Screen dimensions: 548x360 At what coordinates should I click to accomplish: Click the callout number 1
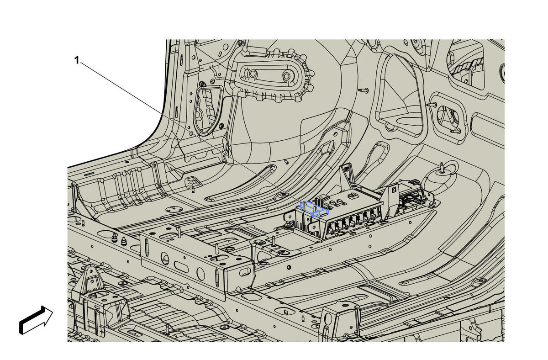point(77,60)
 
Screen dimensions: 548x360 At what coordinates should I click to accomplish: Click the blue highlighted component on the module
point(314,209)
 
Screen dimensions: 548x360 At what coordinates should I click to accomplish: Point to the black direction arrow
point(36,320)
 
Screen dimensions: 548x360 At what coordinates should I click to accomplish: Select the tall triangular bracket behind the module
point(347,174)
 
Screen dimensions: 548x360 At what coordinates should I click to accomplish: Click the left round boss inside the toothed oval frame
point(253,73)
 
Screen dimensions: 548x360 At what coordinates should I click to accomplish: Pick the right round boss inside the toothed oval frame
point(287,76)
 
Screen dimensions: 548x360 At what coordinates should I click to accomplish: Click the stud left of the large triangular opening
point(363,90)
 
